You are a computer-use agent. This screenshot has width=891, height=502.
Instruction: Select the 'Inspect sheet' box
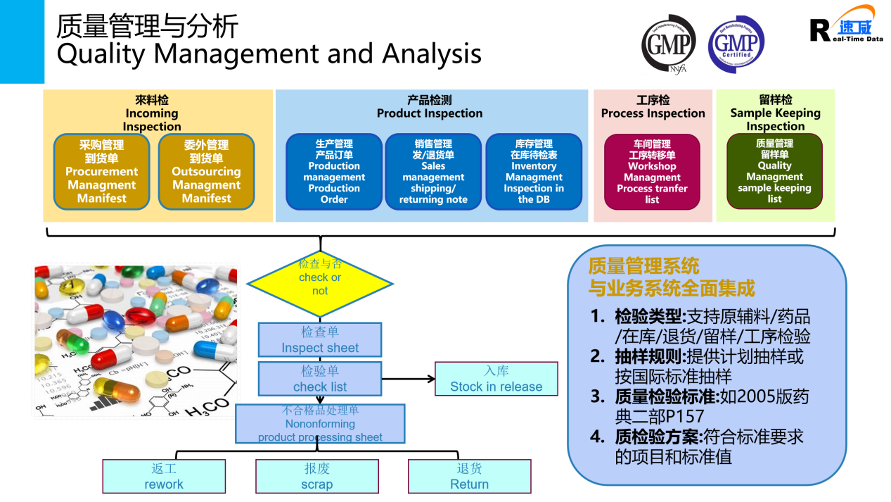[320, 340]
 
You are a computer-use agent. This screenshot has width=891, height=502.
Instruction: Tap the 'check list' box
[320, 379]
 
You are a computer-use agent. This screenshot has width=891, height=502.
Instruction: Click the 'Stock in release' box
[496, 379]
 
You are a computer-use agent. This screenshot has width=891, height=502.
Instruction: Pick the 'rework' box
[164, 476]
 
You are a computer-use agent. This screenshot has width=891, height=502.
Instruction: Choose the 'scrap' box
[317, 476]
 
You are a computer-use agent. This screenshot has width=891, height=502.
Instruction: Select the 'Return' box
[469, 476]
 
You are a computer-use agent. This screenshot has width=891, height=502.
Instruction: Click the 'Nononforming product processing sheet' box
[320, 424]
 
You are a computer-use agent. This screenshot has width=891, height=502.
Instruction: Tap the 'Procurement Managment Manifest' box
[102, 172]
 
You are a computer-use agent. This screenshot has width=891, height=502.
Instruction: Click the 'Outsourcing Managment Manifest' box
[206, 172]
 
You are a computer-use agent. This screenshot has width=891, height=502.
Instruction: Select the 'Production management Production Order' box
[334, 172]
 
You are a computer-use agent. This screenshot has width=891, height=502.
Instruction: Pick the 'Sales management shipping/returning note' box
[433, 172]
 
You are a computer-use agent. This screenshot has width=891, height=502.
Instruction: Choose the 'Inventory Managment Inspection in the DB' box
[534, 172]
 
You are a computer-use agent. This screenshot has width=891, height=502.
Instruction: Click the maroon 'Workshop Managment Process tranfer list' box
[652, 172]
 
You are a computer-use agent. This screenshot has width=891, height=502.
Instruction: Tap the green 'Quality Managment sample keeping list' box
[774, 172]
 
